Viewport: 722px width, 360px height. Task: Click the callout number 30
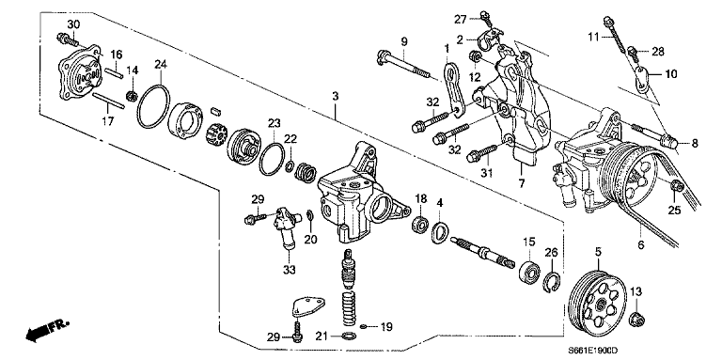click(73, 23)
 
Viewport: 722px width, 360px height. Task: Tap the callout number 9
click(403, 40)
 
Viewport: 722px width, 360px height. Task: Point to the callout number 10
click(670, 72)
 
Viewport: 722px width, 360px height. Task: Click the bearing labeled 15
click(533, 273)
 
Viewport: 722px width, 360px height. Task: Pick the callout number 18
click(421, 198)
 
